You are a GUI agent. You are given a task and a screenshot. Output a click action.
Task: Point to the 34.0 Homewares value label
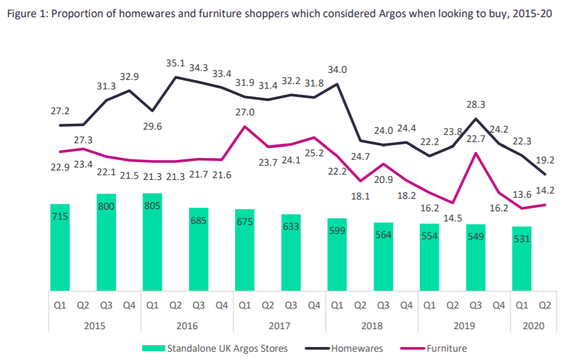337,69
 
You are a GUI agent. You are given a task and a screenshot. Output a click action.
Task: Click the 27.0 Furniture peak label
244,112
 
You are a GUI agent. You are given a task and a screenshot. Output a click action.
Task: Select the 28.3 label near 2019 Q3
476,105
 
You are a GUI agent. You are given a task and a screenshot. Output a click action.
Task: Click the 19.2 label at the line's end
544,159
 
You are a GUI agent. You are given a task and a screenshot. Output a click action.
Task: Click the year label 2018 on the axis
372,326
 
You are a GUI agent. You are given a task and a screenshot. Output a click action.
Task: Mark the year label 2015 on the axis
95,326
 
